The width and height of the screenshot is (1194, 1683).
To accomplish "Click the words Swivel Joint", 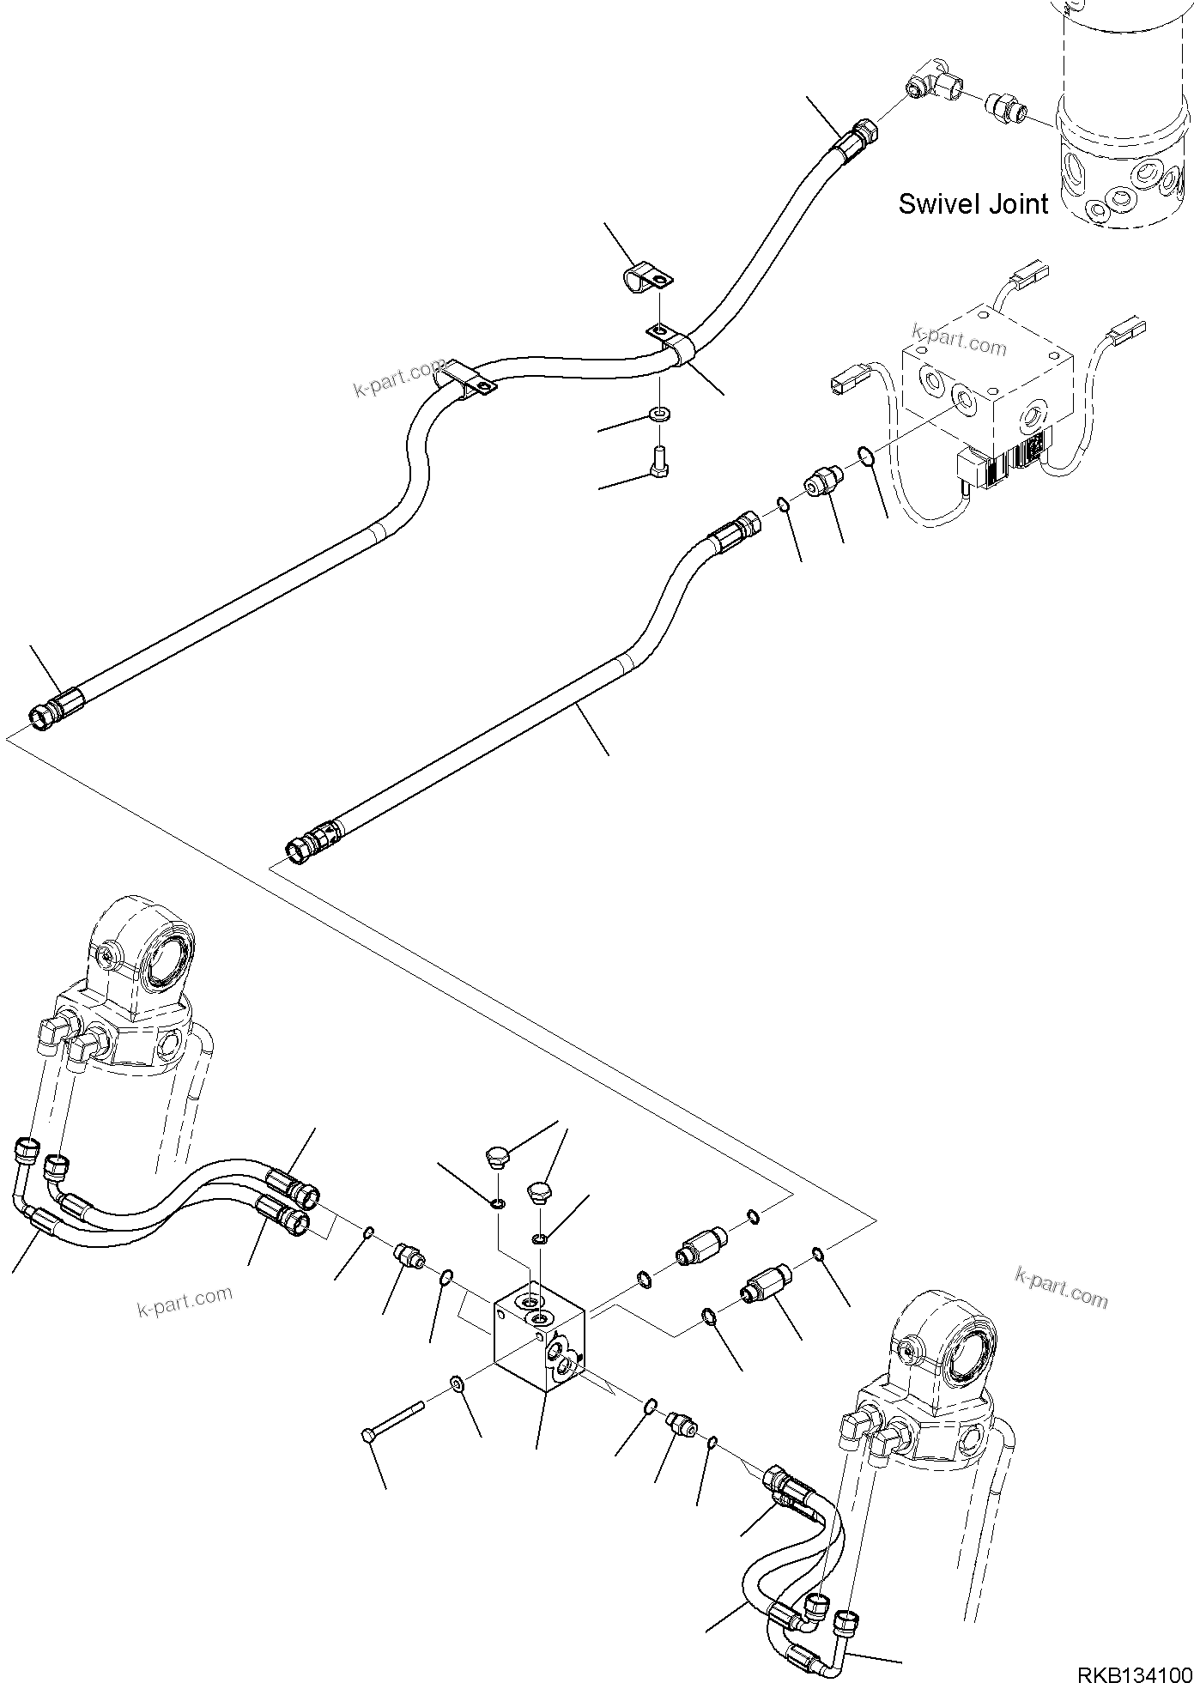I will coord(973,204).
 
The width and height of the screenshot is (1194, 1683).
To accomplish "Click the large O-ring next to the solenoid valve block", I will coord(867,455).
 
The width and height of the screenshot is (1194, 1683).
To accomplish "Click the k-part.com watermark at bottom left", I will coord(185,1302).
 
